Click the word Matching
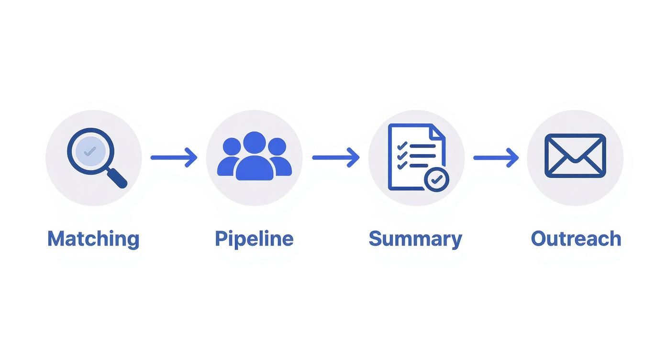pos(93,238)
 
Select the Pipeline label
pos(254,238)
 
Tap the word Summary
pos(415,238)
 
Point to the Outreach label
pos(576,238)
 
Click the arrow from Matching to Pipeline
pos(174,157)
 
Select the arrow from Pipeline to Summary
pos(335,157)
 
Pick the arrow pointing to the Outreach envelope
pos(496,157)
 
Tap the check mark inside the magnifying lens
pos(90,151)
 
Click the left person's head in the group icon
pos(232,146)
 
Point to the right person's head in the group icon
pos(277,146)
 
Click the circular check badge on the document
pos(436,180)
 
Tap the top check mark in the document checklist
pos(402,145)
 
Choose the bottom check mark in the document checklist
pos(402,165)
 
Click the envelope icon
pos(575,156)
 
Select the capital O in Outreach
pos(539,238)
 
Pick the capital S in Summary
pos(376,238)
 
